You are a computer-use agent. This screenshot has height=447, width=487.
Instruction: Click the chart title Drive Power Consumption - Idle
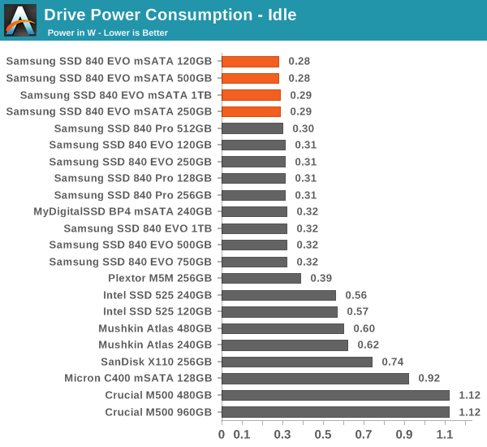tap(170, 14)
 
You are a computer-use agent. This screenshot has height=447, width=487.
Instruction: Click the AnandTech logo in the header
tap(20, 20)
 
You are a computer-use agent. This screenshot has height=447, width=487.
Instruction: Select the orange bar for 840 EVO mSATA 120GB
tap(250, 61)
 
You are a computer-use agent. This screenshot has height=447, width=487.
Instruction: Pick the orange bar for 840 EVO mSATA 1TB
tap(251, 95)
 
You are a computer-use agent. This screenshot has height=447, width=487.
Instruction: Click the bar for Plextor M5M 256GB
tap(261, 278)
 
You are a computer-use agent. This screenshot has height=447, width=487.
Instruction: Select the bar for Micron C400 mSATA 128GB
tap(315, 378)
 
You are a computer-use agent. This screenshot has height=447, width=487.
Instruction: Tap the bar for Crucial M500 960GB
tap(335, 412)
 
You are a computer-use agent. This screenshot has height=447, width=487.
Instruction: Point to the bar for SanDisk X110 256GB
tap(297, 362)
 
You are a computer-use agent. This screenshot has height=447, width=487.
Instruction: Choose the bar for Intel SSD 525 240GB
tap(278, 295)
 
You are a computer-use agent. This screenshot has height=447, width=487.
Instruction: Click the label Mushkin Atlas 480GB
tap(155, 328)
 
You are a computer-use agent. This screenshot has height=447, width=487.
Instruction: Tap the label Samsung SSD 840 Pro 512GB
tap(132, 128)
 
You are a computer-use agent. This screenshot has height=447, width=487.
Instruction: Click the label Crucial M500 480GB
tap(158, 395)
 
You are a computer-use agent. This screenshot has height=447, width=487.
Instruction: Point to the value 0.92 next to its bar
tap(429, 379)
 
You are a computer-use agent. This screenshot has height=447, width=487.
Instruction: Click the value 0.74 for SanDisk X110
tap(392, 362)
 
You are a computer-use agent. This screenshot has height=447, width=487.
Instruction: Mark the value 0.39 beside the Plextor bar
tap(321, 279)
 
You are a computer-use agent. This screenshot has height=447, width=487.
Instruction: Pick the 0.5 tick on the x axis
tap(323, 434)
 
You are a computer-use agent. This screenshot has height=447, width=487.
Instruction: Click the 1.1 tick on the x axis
tap(445, 434)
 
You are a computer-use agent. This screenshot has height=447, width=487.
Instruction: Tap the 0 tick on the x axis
tap(222, 434)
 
